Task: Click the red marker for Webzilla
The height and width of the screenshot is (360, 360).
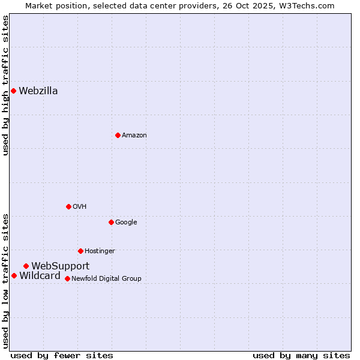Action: pyautogui.click(x=13, y=91)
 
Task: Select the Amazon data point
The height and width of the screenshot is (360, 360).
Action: pyautogui.click(x=118, y=135)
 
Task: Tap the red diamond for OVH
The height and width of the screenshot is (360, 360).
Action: pyautogui.click(x=68, y=206)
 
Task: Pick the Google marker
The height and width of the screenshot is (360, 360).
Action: pyautogui.click(x=111, y=222)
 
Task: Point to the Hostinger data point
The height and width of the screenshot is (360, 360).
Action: pyautogui.click(x=80, y=251)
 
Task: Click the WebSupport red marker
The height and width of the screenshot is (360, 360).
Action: pyautogui.click(x=26, y=266)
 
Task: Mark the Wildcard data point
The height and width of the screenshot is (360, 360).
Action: pyautogui.click(x=14, y=275)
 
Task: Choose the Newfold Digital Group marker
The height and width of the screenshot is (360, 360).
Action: pyautogui.click(x=67, y=278)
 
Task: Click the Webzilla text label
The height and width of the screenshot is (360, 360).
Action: pyautogui.click(x=38, y=91)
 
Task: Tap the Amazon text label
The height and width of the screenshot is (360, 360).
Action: pyautogui.click(x=134, y=136)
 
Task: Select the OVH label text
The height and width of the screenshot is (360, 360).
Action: pyautogui.click(x=80, y=207)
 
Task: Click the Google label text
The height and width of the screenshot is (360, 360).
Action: pyautogui.click(x=126, y=223)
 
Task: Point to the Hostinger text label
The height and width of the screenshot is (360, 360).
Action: pyautogui.click(x=100, y=251)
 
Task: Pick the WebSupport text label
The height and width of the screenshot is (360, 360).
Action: pyautogui.click(x=61, y=266)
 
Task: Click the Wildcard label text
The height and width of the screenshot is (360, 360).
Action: pyautogui.click(x=40, y=276)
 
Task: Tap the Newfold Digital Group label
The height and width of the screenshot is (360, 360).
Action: pyautogui.click(x=107, y=279)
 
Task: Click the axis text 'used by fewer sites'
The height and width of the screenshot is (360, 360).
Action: pyautogui.click(x=62, y=356)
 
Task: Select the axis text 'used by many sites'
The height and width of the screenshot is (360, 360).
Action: pyautogui.click(x=301, y=356)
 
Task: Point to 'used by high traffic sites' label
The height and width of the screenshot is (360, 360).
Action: pyautogui.click(x=5, y=85)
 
